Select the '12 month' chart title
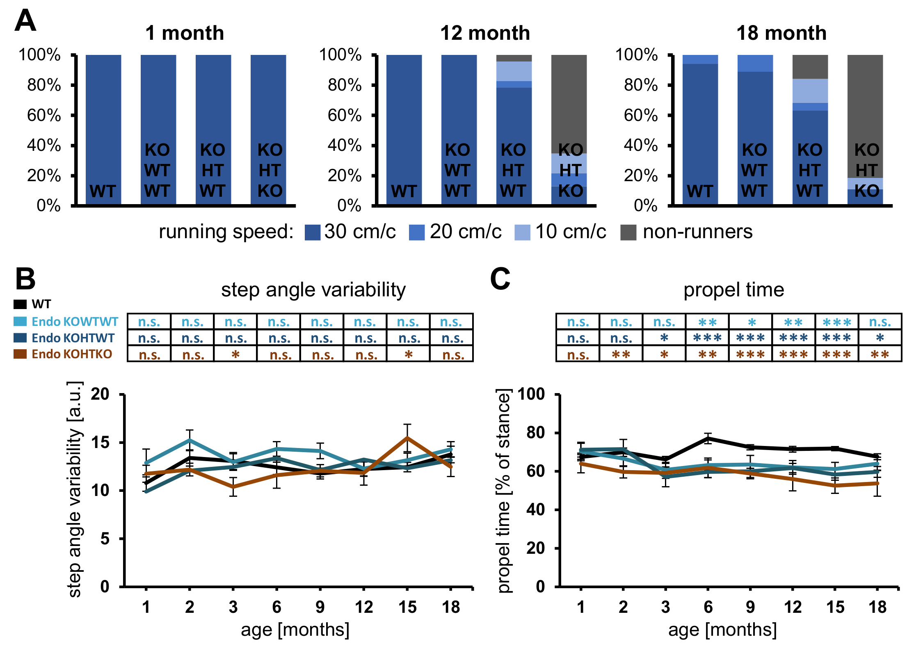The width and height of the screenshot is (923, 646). click(485, 33)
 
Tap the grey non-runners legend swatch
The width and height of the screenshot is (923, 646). click(628, 232)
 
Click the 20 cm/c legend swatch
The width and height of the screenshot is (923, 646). click(416, 232)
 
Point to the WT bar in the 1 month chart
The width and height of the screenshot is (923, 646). click(103, 123)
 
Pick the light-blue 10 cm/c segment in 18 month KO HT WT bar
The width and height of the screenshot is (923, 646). click(810, 91)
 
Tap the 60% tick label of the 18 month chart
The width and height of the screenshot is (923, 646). click(641, 116)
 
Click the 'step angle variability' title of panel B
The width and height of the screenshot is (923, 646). click(313, 290)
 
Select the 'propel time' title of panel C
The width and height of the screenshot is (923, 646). click(733, 290)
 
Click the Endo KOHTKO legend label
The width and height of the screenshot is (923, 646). click(72, 354)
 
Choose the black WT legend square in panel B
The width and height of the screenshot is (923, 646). click(20, 305)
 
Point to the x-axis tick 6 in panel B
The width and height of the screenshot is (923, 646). click(277, 607)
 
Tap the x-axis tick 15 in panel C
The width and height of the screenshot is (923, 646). click(835, 607)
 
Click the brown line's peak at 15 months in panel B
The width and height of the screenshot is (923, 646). click(407, 438)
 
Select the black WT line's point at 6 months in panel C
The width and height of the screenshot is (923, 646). click(708, 439)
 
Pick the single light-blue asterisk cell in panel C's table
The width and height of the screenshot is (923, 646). click(751, 322)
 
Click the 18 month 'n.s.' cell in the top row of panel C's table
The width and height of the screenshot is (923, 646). click(880, 322)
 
